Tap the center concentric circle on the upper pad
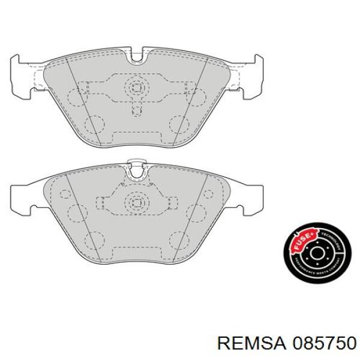coord(137,87)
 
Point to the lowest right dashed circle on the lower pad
coord(179,242)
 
